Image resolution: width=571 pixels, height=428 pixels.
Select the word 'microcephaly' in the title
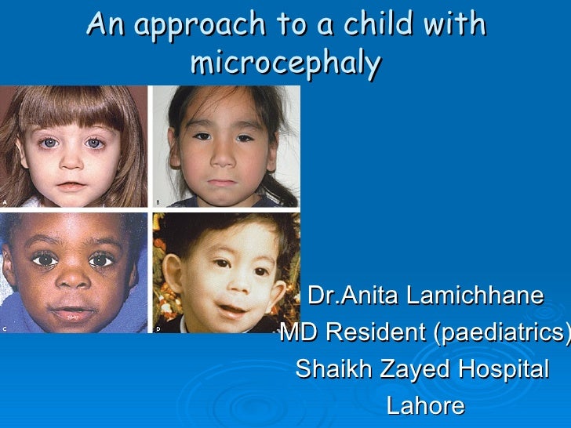285,63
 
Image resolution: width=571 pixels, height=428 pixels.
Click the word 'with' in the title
455,25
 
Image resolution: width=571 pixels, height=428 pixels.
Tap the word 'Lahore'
425,406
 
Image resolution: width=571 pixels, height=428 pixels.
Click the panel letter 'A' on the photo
5,201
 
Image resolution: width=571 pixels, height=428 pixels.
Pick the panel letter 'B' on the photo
158,201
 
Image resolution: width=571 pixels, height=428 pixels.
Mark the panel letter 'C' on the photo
5,328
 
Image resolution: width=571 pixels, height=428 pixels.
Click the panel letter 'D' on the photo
158,328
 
